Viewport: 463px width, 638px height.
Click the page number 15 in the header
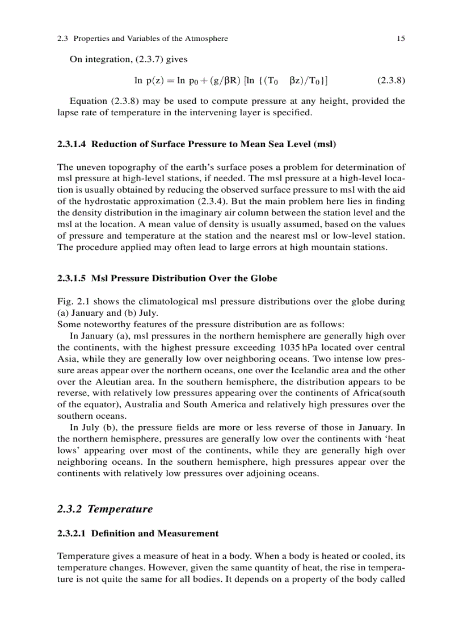coord(401,39)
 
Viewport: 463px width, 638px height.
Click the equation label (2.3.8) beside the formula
coord(391,80)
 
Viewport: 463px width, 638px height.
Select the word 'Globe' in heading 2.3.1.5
coord(264,278)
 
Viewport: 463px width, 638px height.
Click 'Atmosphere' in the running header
coord(206,39)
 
